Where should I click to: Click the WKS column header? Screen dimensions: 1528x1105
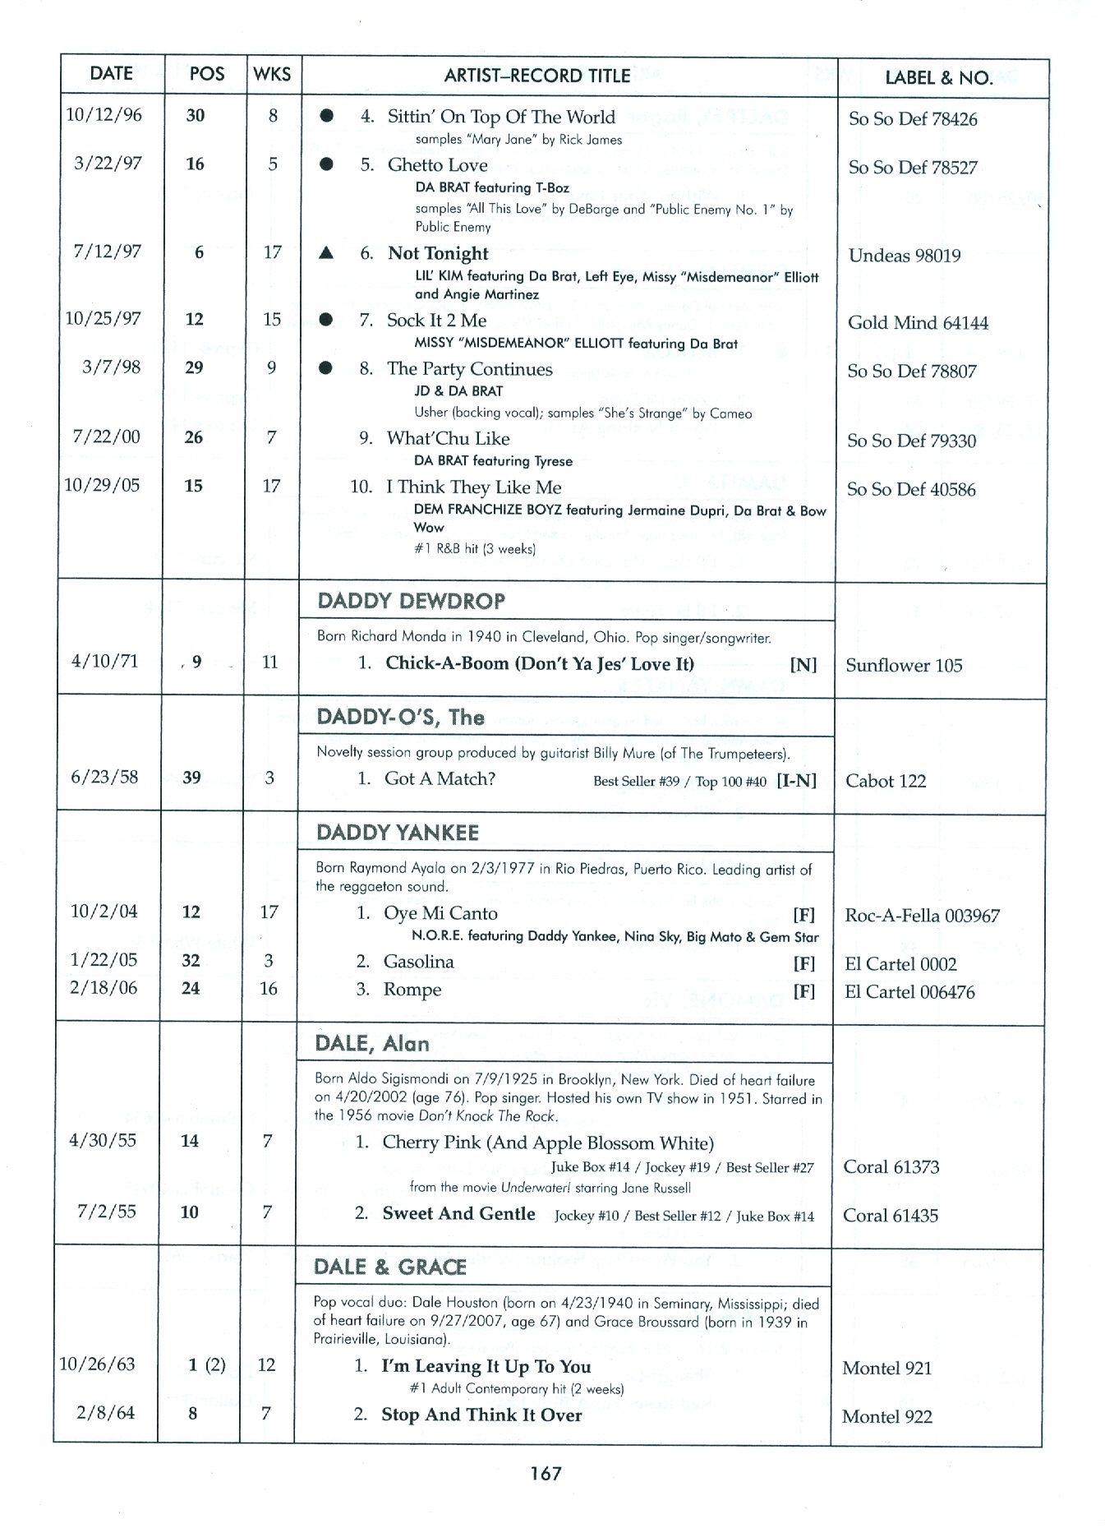coord(272,74)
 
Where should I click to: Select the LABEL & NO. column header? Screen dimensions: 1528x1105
coord(938,78)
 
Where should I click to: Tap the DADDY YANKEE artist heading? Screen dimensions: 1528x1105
coord(398,833)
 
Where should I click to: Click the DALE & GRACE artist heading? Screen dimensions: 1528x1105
coord(389,1267)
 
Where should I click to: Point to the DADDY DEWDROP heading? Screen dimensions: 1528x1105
coord(411,601)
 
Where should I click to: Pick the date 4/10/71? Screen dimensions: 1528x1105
coord(104,662)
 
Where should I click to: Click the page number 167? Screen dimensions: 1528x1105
coord(546,1473)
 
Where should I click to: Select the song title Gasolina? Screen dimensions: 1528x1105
coord(418,962)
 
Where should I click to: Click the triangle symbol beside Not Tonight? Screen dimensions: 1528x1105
coord(326,253)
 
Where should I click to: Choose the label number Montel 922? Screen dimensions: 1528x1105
coord(886,1415)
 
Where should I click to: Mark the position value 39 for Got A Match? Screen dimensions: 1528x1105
coord(191,778)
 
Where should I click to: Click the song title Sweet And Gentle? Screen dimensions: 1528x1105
coord(458,1213)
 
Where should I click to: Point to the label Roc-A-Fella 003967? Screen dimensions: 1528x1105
coord(922,916)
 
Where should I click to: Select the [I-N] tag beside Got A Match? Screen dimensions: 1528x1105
coord(796,780)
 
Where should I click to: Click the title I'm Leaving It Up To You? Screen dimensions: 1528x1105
coord(486,1366)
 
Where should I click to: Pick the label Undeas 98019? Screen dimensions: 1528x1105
coord(904,256)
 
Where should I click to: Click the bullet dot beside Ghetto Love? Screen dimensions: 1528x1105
coord(326,164)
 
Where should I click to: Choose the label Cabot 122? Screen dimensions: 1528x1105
coord(885,781)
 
